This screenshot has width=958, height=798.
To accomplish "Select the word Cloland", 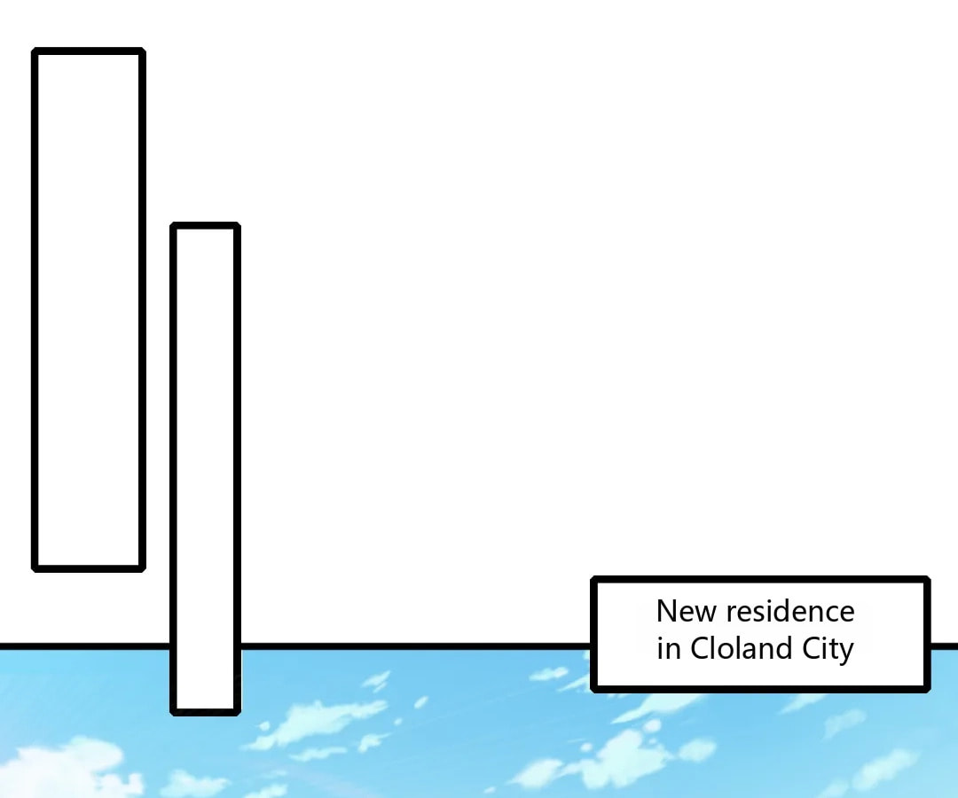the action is [741, 648].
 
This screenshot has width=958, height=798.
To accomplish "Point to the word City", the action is [828, 650].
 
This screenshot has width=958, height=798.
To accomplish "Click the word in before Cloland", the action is [669, 648].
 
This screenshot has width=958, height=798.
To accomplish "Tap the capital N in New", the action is [666, 611].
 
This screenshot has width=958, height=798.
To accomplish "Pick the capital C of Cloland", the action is [700, 648].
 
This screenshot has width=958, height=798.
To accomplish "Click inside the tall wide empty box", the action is [89, 309].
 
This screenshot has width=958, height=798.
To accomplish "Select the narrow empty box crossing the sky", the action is [205, 469].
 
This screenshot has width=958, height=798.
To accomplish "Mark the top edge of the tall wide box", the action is [89, 51].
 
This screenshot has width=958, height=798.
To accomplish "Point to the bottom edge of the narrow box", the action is [205, 712].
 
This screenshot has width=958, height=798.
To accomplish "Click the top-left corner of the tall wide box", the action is [35, 50].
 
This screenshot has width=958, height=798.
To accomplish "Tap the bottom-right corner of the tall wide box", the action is [143, 569].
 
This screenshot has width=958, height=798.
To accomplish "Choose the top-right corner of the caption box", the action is [928, 579].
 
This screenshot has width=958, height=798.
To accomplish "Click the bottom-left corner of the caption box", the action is [593, 689].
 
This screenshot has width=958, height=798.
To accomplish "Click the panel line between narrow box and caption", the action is [415, 646].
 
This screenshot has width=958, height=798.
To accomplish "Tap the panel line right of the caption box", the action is [945, 646].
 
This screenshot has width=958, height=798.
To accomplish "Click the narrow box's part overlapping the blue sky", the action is [205, 680].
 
